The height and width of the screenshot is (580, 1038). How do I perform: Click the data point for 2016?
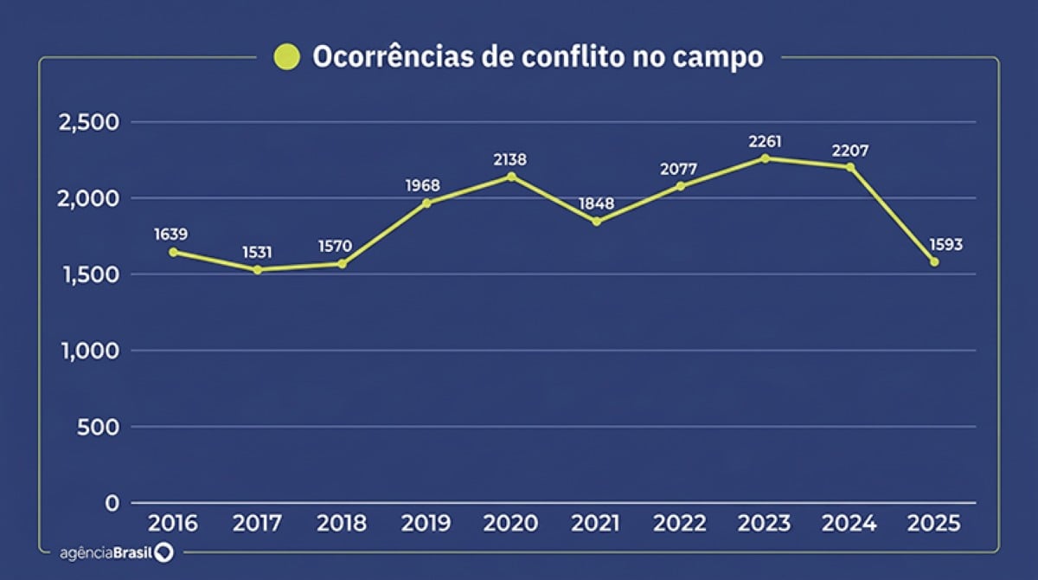pyautogui.click(x=173, y=252)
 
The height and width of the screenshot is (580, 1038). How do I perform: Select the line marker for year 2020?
pyautogui.click(x=511, y=177)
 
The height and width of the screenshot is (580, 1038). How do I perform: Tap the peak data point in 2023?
pyautogui.click(x=766, y=158)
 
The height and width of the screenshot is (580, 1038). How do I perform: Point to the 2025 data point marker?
pyautogui.click(x=934, y=261)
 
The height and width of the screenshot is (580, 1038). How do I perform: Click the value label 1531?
pyautogui.click(x=257, y=252)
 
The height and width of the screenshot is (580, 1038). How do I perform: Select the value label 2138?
pyautogui.click(x=510, y=159)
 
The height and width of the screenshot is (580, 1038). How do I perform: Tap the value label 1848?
pyautogui.click(x=597, y=203)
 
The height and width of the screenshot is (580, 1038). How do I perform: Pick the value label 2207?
pyautogui.click(x=850, y=151)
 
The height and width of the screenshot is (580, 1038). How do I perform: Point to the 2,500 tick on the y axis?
pyautogui.click(x=86, y=122)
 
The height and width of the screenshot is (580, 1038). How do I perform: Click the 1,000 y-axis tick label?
pyautogui.click(x=87, y=351)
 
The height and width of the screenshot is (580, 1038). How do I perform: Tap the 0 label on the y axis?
pyautogui.click(x=112, y=503)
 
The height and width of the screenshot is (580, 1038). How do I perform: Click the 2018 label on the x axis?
pyautogui.click(x=342, y=524)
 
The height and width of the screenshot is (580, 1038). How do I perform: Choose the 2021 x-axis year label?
pyautogui.click(x=596, y=524)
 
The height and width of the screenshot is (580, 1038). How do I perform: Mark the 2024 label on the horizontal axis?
pyautogui.click(x=850, y=524)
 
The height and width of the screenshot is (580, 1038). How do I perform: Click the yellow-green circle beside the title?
pyautogui.click(x=286, y=57)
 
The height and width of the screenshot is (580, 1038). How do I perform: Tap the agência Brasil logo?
pyautogui.click(x=116, y=552)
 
